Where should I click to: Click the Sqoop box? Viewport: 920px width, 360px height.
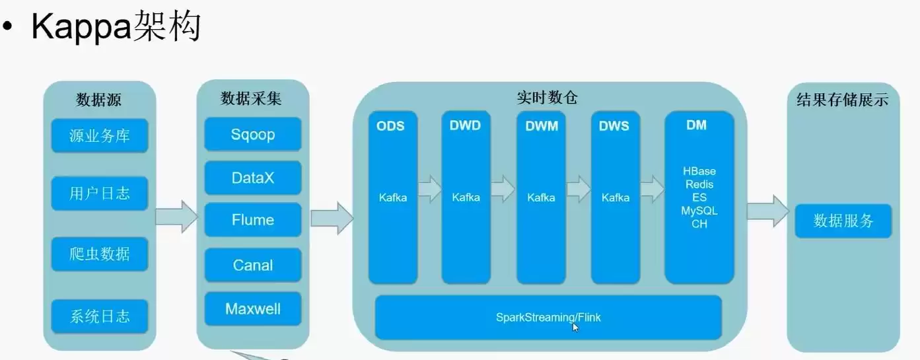[253, 135]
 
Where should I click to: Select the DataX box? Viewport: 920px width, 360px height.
[253, 178]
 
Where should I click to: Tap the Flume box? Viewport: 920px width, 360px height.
[253, 220]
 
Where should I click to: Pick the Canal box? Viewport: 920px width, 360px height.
[253, 265]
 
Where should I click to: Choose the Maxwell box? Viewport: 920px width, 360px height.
[253, 308]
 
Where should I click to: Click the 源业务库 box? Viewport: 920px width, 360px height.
[100, 136]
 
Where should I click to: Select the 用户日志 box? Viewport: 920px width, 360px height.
[100, 194]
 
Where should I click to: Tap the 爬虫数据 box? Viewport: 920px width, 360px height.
[100, 254]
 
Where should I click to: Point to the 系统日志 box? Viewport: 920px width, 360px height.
[100, 316]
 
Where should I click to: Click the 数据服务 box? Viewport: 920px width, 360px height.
[843, 221]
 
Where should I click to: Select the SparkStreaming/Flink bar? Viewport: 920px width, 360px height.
[548, 317]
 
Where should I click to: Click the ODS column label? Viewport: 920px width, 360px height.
[390, 126]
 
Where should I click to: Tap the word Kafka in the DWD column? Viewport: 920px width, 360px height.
[466, 198]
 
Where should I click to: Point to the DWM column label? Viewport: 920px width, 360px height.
[542, 126]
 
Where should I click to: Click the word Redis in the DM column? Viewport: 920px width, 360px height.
[699, 184]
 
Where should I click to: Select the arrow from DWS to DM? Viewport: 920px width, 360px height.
[652, 189]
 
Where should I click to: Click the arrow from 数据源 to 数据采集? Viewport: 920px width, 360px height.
[176, 216]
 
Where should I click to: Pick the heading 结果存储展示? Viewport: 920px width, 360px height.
[842, 100]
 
